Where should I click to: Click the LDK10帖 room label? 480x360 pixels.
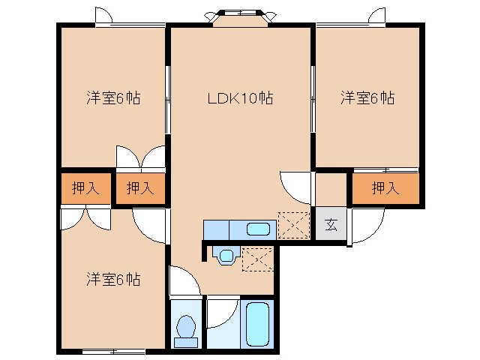click(240, 98)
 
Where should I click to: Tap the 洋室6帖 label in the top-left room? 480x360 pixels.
click(113, 98)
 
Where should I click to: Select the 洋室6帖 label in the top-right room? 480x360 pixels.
click(367, 98)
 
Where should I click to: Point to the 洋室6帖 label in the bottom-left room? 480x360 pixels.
click(113, 279)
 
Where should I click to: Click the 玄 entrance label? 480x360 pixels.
click(331, 224)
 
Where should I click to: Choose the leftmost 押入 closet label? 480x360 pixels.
click(85, 187)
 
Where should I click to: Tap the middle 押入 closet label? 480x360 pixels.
click(140, 187)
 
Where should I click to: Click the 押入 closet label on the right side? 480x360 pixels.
click(385, 187)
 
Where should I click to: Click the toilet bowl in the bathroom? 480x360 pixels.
click(186, 325)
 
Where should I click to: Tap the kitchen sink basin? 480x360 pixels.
click(258, 229)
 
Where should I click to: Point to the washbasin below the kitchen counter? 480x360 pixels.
click(226, 255)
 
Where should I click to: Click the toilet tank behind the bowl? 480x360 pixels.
click(186, 342)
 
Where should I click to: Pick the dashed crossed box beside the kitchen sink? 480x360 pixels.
click(294, 226)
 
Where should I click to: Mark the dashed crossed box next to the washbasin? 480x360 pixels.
click(257, 259)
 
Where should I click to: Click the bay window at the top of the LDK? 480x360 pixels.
click(240, 18)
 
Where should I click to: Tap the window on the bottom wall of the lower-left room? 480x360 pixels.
click(113, 351)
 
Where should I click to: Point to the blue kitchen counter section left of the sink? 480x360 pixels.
click(217, 230)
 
